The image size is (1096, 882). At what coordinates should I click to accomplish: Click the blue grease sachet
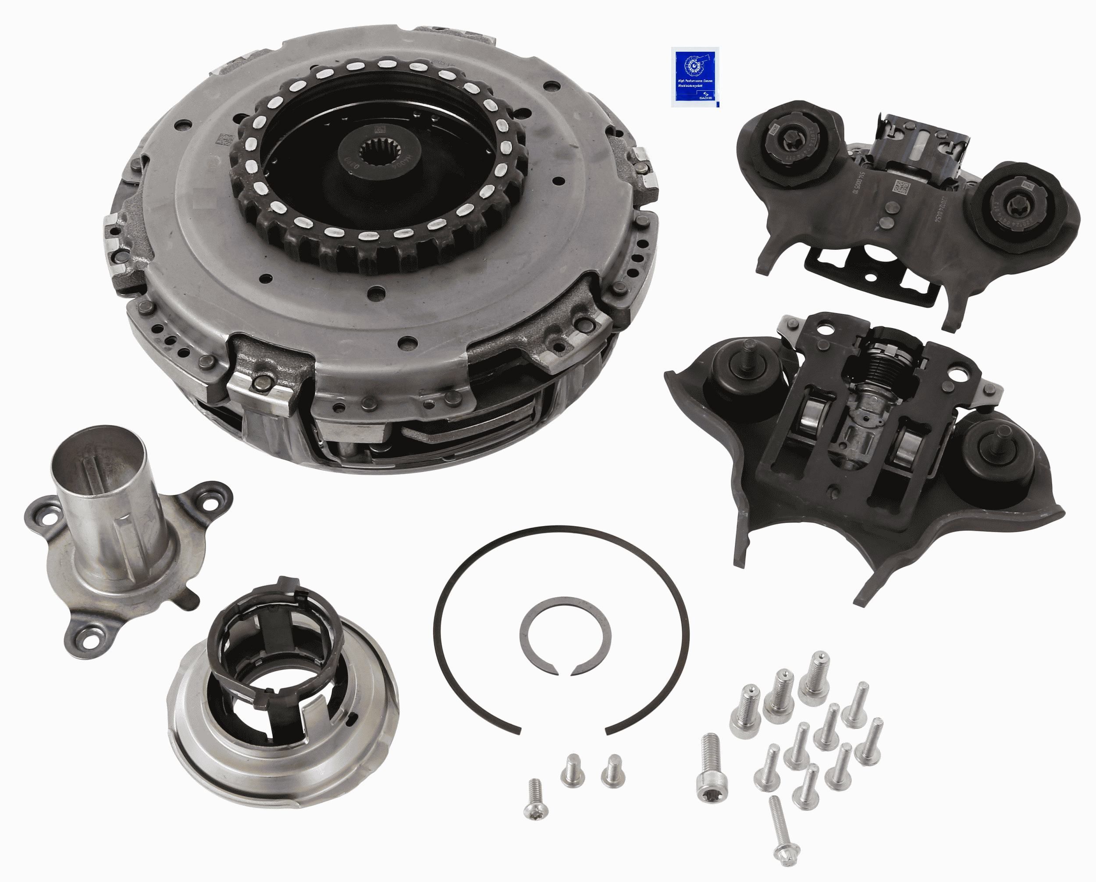point(694,77)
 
